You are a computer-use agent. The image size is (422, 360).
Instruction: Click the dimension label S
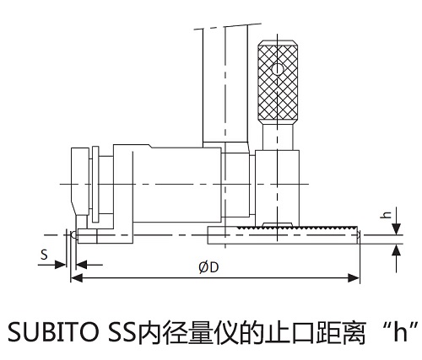[44, 255]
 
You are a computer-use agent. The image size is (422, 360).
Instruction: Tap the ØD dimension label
[208, 267]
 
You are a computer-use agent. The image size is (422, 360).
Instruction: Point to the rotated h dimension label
[387, 214]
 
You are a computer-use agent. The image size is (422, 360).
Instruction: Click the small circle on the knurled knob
[278, 69]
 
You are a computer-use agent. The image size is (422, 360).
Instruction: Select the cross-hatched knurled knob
[278, 83]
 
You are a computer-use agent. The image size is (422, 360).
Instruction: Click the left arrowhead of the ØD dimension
[77, 278]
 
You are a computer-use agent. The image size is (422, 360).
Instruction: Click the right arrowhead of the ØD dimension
[354, 278]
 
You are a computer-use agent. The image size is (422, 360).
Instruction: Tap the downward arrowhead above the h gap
[397, 228]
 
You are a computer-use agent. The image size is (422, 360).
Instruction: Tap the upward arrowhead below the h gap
[397, 250]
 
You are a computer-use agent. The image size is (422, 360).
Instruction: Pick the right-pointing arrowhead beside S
[60, 265]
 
